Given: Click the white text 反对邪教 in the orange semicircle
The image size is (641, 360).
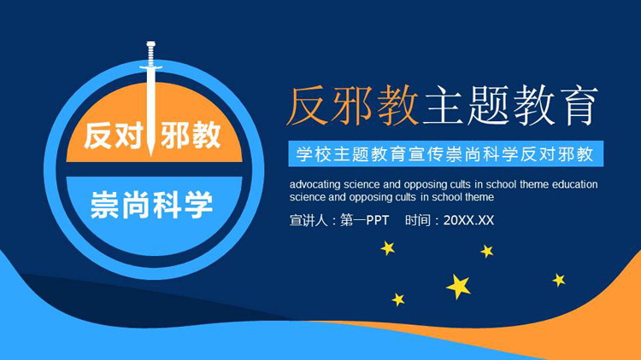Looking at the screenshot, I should click(151, 136).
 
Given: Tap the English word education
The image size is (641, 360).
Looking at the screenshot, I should click(575, 183).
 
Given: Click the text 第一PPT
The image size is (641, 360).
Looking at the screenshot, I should click(365, 221).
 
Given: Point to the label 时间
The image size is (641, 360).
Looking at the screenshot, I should click(419, 221).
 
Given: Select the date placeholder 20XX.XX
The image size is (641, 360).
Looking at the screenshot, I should click(469, 221).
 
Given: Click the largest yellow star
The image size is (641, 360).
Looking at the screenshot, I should click(459, 285).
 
